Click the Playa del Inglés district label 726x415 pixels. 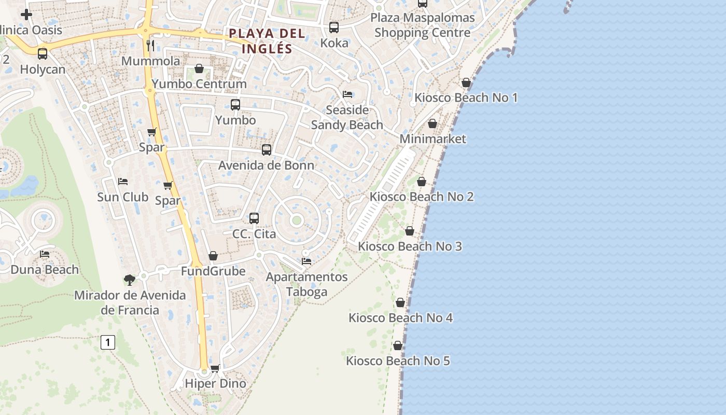click(267, 40)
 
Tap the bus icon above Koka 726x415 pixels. click(334, 27)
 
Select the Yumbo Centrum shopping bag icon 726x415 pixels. click(199, 68)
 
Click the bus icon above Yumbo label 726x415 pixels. click(235, 104)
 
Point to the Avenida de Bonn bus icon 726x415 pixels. click(267, 149)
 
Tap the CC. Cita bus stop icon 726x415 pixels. click(254, 218)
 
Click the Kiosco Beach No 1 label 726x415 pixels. click(466, 98)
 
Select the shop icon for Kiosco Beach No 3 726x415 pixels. click(410, 231)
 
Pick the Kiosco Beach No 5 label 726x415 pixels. click(398, 361)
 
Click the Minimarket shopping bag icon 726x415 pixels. click(432, 123)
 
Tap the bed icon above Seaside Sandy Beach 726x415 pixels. click(347, 94)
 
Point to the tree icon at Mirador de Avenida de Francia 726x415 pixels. click(130, 280)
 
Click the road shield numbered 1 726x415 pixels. click(108, 342)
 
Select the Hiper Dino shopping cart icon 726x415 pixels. click(215, 368)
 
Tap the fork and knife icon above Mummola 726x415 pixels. click(150, 45)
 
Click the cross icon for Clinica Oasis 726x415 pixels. click(26, 15)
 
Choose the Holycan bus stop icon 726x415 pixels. click(43, 53)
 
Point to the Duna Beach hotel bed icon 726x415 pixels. click(45, 254)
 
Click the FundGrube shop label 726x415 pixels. click(213, 271)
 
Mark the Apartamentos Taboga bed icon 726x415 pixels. click(306, 261)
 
